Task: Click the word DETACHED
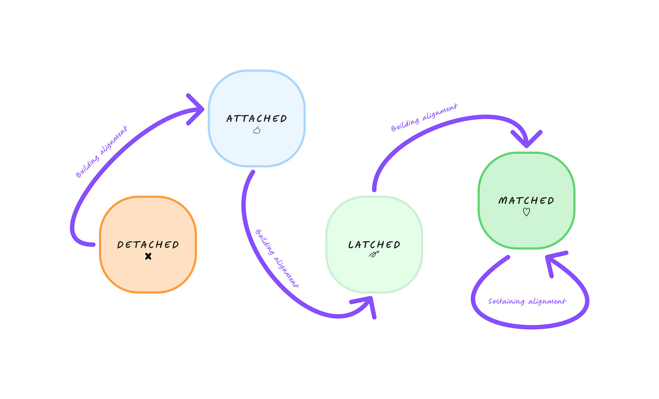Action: pos(148,245)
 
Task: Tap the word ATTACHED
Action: pos(257,119)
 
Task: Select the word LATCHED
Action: pos(374,245)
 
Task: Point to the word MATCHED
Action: pos(526,200)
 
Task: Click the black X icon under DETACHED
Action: pos(148,256)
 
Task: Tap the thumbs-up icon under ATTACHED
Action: pos(257,130)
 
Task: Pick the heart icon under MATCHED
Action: pos(526,212)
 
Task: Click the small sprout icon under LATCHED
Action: pos(374,255)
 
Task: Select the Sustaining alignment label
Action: pos(527,301)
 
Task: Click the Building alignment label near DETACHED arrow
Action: pos(101,152)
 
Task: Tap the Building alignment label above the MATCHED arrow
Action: pos(424,118)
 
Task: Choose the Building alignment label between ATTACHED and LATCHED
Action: pos(277,259)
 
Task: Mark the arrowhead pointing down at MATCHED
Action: pos(526,139)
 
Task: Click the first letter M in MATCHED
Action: pos(502,200)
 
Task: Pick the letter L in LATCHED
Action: pos(351,245)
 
